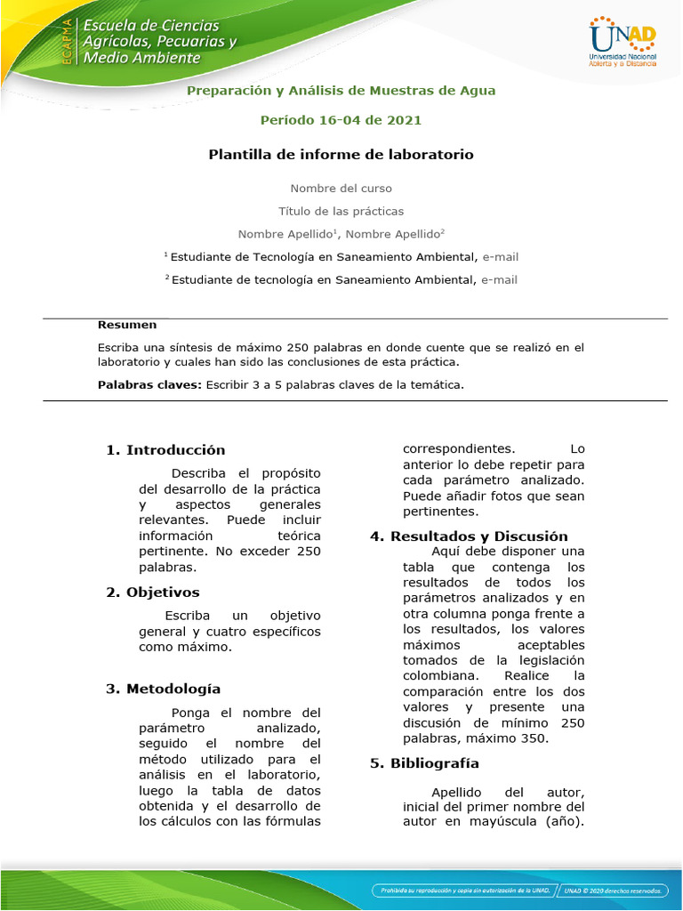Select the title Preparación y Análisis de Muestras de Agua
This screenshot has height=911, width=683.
(x=341, y=91)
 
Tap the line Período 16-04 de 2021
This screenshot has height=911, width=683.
(x=341, y=120)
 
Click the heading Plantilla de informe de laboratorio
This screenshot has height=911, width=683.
(x=341, y=155)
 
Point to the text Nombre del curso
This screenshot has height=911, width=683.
(x=341, y=189)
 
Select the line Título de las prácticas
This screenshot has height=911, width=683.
(x=341, y=212)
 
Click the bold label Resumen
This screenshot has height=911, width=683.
(x=127, y=326)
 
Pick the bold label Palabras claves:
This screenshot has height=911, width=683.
(x=149, y=385)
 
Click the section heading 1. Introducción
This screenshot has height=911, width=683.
(x=165, y=450)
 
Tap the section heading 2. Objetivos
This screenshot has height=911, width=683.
(x=152, y=593)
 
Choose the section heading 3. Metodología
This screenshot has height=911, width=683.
(x=163, y=689)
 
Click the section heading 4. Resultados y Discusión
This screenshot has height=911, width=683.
(x=469, y=536)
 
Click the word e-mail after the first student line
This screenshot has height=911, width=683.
(x=501, y=257)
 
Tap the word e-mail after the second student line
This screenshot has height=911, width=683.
(x=499, y=280)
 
